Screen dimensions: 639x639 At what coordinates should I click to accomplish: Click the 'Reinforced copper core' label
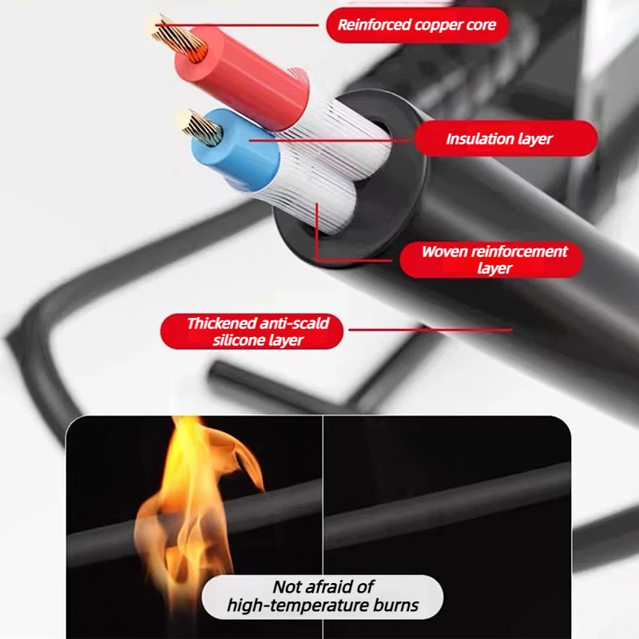pyautogui.click(x=417, y=25)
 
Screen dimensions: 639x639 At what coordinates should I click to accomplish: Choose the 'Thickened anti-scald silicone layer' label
pyautogui.click(x=252, y=331)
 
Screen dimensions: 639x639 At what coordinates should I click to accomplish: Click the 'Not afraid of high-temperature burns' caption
pyautogui.click(x=323, y=596)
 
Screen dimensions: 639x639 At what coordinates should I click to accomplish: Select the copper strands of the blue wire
pyautogui.click(x=203, y=128)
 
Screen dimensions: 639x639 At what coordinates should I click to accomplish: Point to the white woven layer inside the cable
pyautogui.click(x=326, y=163)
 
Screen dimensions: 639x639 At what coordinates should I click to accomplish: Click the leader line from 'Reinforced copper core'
pyautogui.click(x=236, y=25)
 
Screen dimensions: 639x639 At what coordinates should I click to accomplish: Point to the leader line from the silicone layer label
pyautogui.click(x=431, y=330)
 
